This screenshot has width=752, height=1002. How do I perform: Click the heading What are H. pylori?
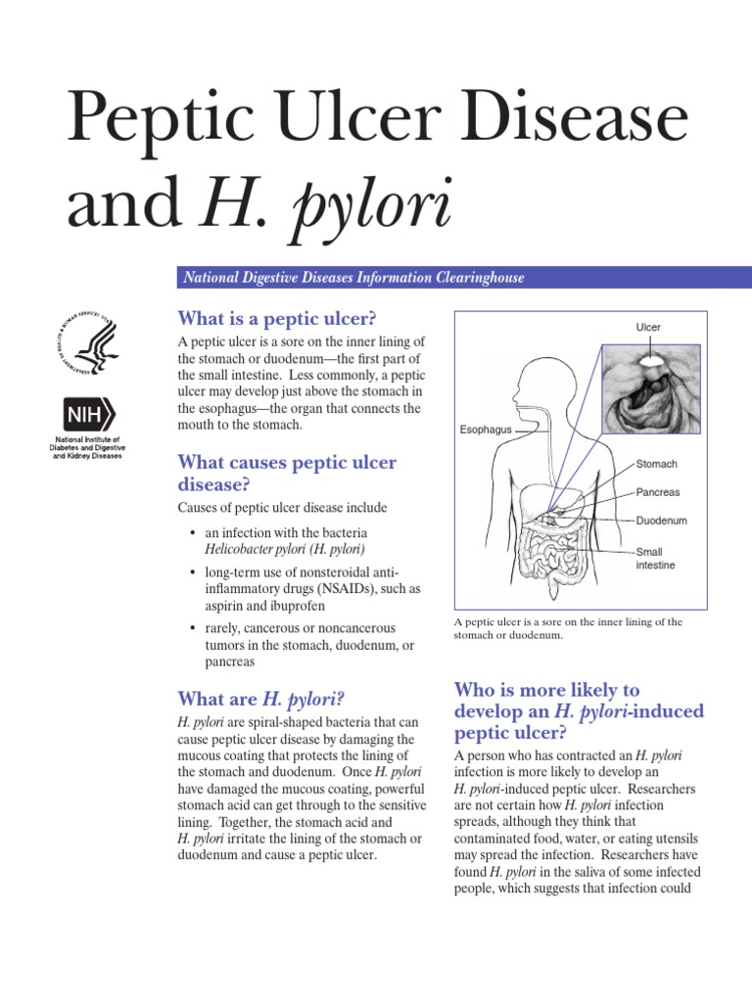click(x=260, y=698)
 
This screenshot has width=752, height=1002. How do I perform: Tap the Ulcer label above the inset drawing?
click(x=648, y=327)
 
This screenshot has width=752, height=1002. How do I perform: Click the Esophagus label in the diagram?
click(x=487, y=429)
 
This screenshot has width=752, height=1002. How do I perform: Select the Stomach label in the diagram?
click(x=656, y=464)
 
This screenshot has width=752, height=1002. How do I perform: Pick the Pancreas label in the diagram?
click(x=658, y=492)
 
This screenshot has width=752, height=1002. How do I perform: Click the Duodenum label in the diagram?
click(x=661, y=521)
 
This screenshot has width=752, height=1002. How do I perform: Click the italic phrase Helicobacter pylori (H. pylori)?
click(x=273, y=548)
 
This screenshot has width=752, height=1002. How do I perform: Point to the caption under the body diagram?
click(x=568, y=628)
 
